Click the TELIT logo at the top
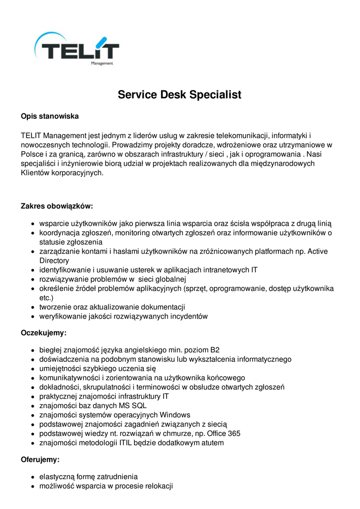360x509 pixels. coord(77,49)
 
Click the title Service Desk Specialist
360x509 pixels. coord(180,94)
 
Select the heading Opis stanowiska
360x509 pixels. coord(50,116)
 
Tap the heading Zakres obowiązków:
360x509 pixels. coord(57,206)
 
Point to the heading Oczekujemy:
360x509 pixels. coord(43,333)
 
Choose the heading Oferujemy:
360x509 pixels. coord(40,460)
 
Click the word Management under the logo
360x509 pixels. coord(102,64)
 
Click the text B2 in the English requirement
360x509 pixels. coord(215,350)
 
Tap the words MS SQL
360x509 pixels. coord(133,406)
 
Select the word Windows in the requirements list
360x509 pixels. coord(175,415)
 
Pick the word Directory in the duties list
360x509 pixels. coord(54,260)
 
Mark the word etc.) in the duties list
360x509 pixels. coord(46,298)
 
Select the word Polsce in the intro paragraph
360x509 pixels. coord(33,154)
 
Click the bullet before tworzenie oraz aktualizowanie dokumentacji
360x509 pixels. coord(32,308)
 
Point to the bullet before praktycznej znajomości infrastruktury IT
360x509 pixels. coord(32,397)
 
